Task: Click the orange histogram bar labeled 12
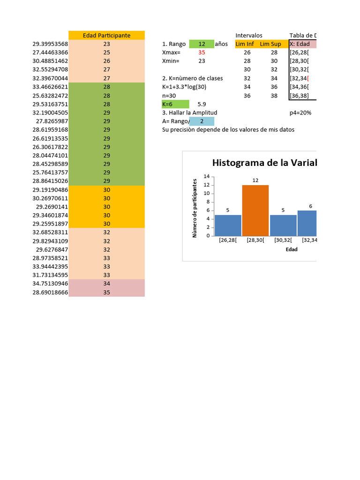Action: (x=255, y=210)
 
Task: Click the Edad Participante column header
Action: (x=106, y=36)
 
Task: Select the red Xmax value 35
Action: (x=202, y=52)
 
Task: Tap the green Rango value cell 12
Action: (x=202, y=44)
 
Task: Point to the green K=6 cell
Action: (x=175, y=104)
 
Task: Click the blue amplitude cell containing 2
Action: (x=202, y=121)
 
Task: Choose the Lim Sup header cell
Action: (x=270, y=44)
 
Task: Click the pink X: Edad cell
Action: (x=303, y=44)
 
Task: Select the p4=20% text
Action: (x=300, y=113)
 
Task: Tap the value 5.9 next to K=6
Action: (x=202, y=104)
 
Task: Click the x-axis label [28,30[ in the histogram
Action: (x=255, y=240)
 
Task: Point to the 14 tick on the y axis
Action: (x=206, y=176)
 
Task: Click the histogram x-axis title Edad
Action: (x=292, y=249)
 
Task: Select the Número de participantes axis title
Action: (x=195, y=207)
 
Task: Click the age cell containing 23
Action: (x=106, y=44)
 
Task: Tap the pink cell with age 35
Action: (x=106, y=292)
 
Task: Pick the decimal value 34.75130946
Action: (x=50, y=284)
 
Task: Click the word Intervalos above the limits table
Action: (x=249, y=36)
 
